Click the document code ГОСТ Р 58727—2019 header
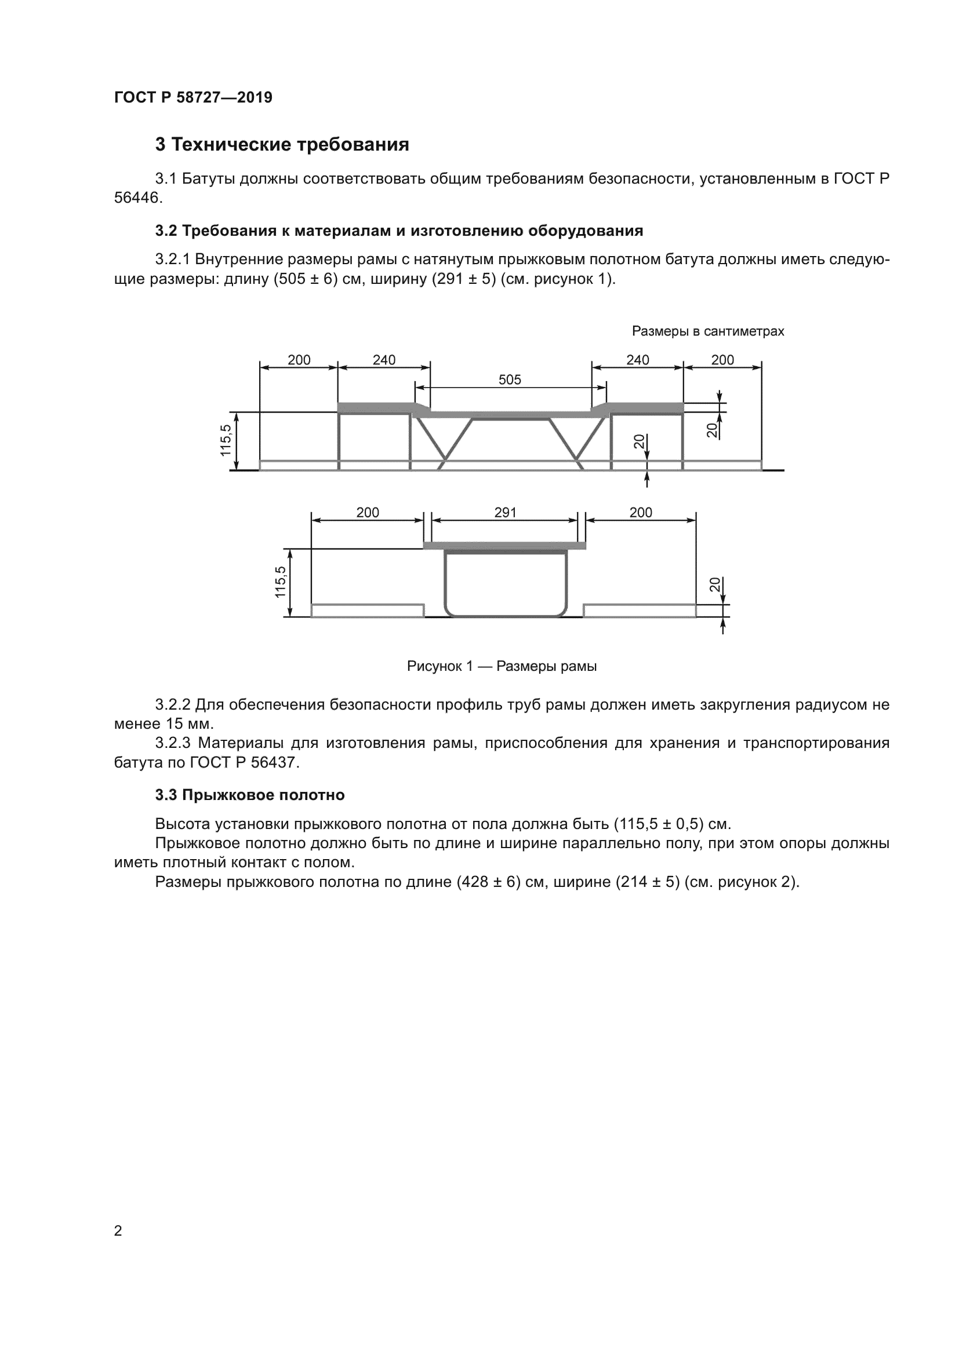(193, 97)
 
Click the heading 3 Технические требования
(282, 145)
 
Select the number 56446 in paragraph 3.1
(136, 198)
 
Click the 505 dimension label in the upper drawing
(510, 379)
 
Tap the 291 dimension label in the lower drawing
(506, 512)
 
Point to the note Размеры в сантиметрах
(707, 331)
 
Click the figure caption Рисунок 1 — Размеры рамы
(502, 666)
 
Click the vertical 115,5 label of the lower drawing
(281, 582)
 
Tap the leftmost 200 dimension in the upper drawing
(299, 360)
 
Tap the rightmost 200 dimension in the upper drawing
(722, 360)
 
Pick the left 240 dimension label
(384, 360)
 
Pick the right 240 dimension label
(637, 360)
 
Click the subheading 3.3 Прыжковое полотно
(250, 795)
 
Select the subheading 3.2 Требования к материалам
(398, 231)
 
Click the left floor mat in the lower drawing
(367, 611)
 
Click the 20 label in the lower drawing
(714, 585)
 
